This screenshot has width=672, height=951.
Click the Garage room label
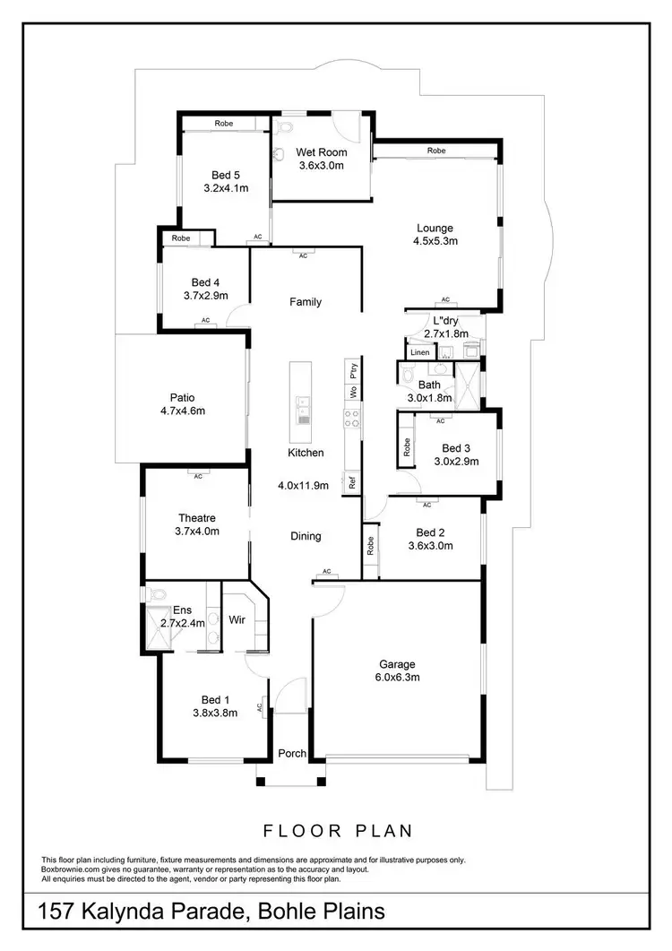click(x=397, y=664)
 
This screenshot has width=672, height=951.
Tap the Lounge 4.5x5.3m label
click(x=435, y=234)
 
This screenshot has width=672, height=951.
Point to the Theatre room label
click(x=196, y=518)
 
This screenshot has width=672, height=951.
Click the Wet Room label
click(x=322, y=151)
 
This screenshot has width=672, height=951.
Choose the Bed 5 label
click(x=226, y=175)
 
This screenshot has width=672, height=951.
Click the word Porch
click(x=291, y=753)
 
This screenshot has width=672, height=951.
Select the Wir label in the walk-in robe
click(x=237, y=619)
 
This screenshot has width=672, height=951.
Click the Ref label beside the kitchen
click(x=353, y=481)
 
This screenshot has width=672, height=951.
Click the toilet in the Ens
click(x=158, y=594)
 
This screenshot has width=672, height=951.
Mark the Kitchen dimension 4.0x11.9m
click(x=303, y=485)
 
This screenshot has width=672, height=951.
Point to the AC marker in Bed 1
click(x=260, y=707)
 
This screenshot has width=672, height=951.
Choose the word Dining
click(x=305, y=536)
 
